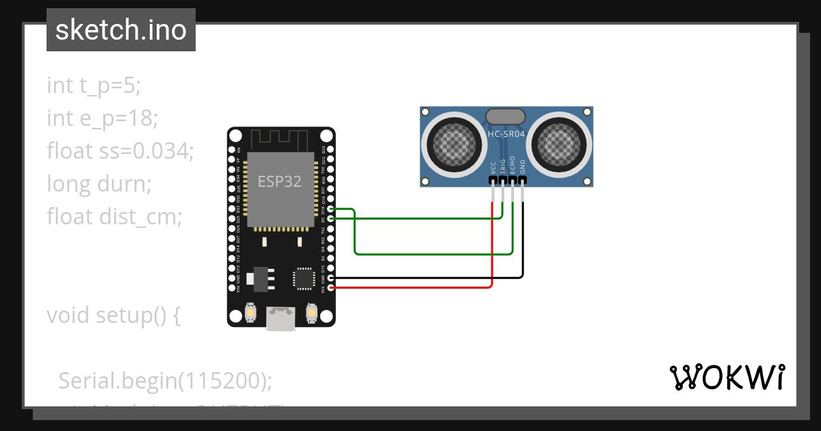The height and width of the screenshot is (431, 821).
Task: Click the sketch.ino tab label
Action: (121, 30)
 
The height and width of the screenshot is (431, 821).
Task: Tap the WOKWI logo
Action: (727, 377)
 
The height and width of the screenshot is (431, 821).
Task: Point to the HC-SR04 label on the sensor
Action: (506, 134)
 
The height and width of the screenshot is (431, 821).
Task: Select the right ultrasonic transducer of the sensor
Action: (560, 144)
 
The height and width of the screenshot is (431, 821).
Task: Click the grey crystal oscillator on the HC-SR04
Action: (506, 116)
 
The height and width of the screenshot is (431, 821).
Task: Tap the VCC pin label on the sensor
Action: (493, 168)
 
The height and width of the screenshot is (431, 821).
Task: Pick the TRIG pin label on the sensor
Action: (503, 166)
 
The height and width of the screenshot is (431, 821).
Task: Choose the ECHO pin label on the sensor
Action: (512, 166)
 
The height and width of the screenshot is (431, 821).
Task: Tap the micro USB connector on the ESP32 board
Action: (281, 319)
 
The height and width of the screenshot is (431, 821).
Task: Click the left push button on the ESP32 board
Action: (251, 313)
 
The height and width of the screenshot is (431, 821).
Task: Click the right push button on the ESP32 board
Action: (311, 313)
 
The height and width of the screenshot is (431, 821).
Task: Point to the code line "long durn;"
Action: (99, 184)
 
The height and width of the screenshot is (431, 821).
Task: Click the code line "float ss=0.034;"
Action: (120, 151)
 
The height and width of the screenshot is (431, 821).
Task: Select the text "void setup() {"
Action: (114, 315)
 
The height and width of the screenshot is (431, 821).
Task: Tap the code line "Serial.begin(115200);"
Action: (165, 380)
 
